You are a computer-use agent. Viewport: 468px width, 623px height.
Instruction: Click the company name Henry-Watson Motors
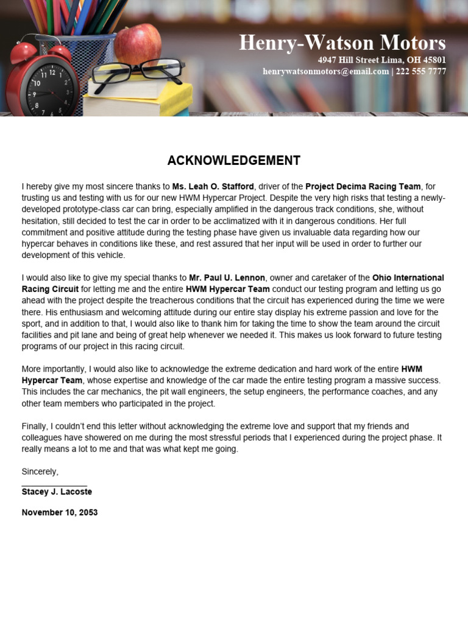click(x=342, y=43)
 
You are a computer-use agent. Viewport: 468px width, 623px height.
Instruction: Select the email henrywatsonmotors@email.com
click(x=325, y=72)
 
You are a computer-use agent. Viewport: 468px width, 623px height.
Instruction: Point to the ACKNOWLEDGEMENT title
click(x=234, y=161)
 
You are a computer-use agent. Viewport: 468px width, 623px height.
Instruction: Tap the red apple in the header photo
click(x=138, y=44)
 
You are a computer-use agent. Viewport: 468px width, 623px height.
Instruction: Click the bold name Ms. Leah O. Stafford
click(x=213, y=186)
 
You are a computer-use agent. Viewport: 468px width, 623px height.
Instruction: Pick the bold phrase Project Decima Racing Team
click(x=363, y=186)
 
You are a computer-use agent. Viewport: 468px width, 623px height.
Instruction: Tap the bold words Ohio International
click(x=408, y=278)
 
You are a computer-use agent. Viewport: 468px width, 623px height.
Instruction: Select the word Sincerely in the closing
click(x=40, y=472)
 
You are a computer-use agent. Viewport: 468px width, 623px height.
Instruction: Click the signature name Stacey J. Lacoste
click(x=57, y=492)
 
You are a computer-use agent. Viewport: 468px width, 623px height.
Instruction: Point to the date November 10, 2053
click(x=60, y=512)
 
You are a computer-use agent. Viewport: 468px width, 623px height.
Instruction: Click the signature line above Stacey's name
click(x=54, y=484)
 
